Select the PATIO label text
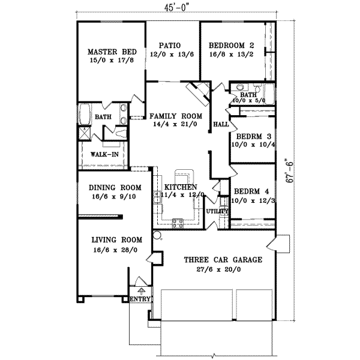pos(170,45)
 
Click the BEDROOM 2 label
pos(232,45)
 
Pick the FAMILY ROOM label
pos(176,116)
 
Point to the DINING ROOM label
pos(110,187)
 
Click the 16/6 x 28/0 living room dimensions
pos(114,251)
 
